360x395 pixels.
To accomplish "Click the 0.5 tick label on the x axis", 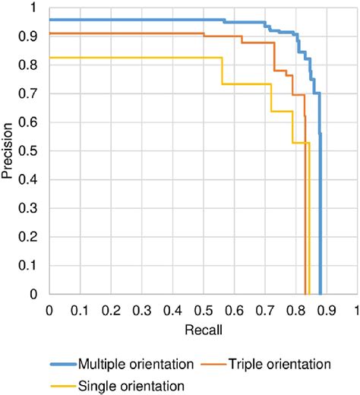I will pyautogui.click(x=203, y=311).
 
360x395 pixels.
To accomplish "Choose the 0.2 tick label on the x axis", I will pyautogui.click(x=111, y=311).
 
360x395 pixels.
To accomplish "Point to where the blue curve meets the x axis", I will pyautogui.click(x=321, y=293).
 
